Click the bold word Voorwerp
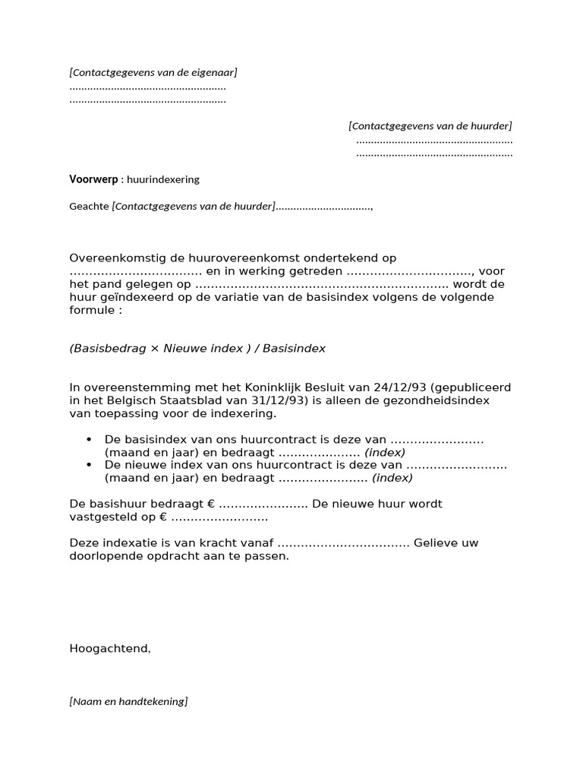pos(93,180)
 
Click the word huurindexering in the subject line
pos(163,180)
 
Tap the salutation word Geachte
pos(89,206)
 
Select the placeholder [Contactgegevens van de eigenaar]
pos(153,72)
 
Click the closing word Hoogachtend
pos(110,648)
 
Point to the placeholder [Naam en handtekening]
pos(128,701)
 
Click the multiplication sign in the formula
pos(155,348)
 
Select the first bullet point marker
pos(90,440)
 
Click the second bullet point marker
pos(90,465)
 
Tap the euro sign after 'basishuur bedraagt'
pos(211,504)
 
